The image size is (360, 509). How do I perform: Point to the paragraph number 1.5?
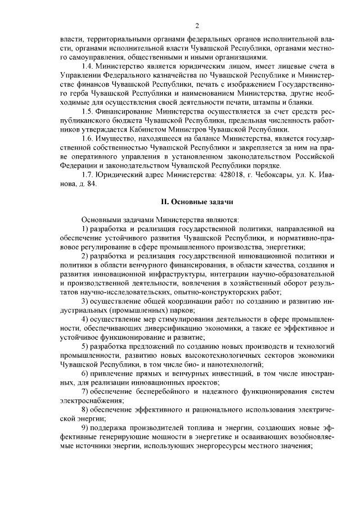[x=88, y=111]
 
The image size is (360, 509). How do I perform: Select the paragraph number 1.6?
[x=88, y=138]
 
